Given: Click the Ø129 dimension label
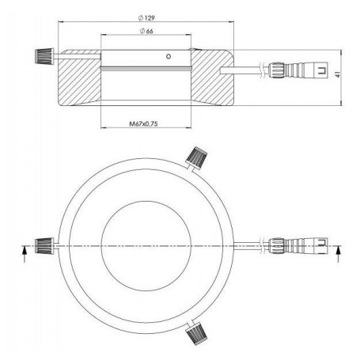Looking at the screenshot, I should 147,16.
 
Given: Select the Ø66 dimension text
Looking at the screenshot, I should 147,32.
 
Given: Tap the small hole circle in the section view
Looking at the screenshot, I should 168,57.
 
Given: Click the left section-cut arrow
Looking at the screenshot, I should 24,253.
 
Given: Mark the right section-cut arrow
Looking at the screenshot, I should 339,253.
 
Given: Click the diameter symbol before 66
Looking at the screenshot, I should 141,32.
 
